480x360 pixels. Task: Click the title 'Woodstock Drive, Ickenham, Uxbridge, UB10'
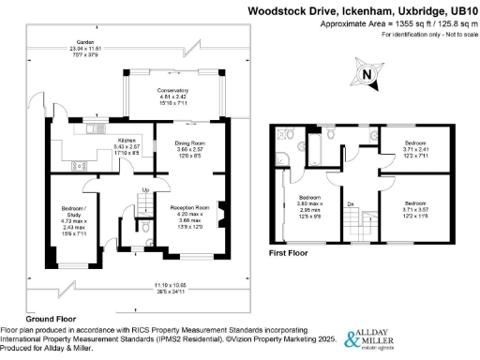(x=361, y=11)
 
